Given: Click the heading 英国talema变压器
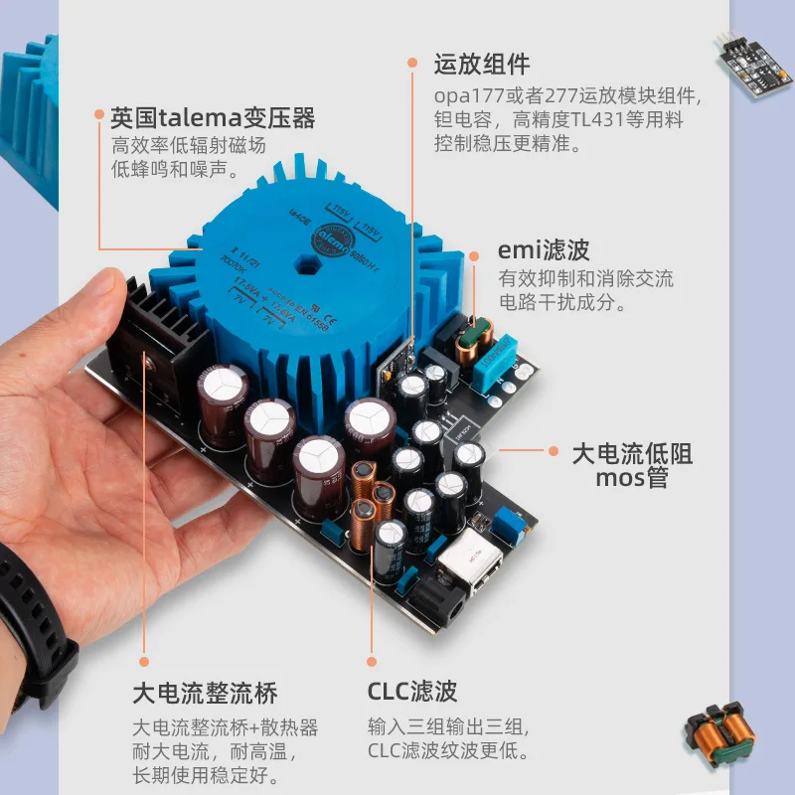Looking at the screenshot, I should [213, 118].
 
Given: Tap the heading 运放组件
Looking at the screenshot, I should [482, 66].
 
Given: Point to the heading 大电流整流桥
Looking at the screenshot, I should [205, 693].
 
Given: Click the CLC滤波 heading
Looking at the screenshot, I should [411, 693].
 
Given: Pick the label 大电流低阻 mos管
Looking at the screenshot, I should [631, 467].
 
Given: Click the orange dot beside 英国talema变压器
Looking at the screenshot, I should [98, 115].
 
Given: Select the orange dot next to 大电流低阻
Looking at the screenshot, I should [554, 450].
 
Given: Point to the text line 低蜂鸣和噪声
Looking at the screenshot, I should [174, 169].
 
